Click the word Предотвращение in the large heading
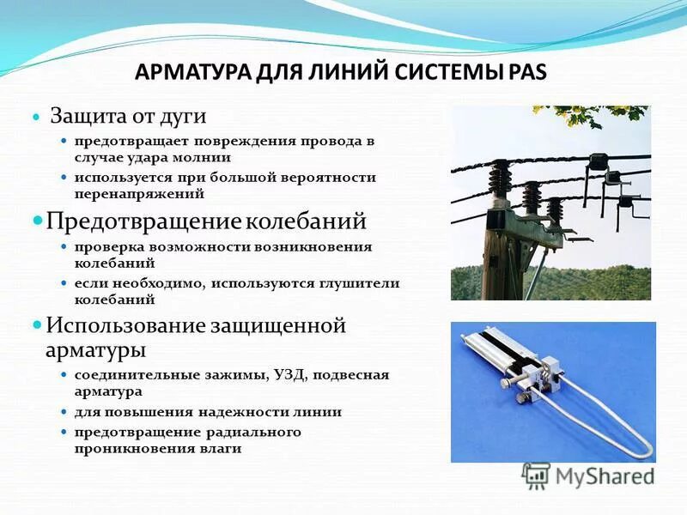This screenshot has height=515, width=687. [143, 221]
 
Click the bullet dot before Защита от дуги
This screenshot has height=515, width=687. [36, 116]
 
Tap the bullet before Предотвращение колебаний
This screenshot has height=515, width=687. [36, 221]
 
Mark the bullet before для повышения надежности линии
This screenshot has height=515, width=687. [64, 412]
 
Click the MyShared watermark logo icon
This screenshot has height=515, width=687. [537, 475]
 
